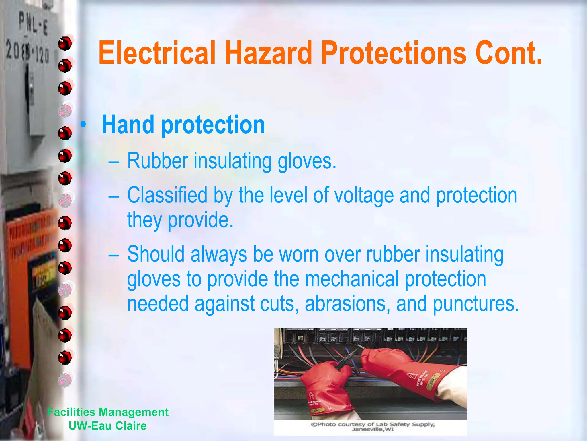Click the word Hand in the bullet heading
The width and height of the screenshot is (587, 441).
pos(128,125)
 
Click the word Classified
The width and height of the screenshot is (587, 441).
pos(167,195)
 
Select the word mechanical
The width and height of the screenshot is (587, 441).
pos(352,279)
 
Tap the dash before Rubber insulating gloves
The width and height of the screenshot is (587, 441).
pos(114,162)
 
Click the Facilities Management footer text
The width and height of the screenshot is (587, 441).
pos(108,412)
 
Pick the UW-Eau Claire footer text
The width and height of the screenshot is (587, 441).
pos(108,426)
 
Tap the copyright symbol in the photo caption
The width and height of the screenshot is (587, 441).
pos(314,424)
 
